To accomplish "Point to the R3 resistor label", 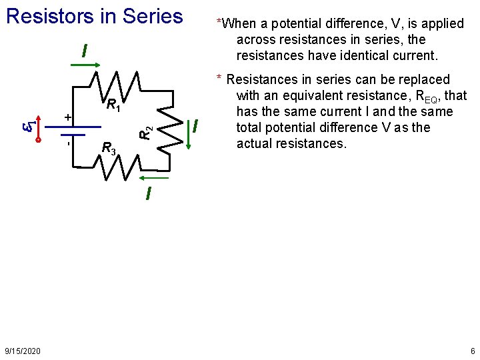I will tap(108, 148).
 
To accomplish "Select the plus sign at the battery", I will tap(67, 117).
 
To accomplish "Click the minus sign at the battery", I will tap(68, 142).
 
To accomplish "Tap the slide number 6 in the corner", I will tap(472, 351).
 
